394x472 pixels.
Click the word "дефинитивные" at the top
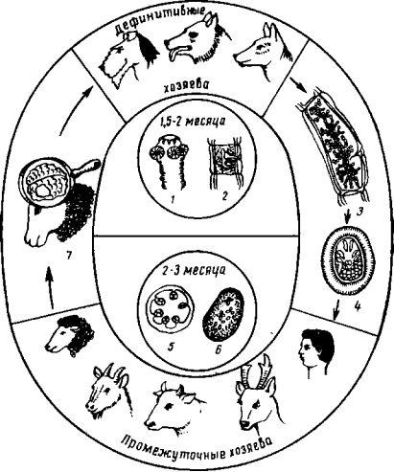159,20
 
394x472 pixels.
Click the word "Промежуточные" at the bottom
173,448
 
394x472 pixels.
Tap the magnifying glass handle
87,168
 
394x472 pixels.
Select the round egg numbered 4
347,259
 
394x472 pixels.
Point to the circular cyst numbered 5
171,309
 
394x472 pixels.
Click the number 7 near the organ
68,255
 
